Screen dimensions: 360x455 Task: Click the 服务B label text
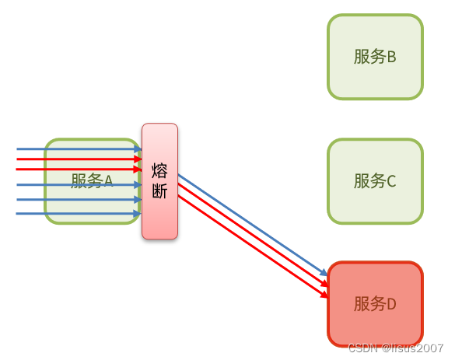point(375,57)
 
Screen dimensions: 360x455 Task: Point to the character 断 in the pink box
point(159,191)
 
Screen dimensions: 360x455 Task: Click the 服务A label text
point(92,181)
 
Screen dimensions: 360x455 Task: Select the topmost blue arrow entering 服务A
point(78,149)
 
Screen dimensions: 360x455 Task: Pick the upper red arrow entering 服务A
point(78,159)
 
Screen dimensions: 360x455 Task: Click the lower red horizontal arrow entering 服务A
point(78,169)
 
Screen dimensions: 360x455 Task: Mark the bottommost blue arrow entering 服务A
point(78,213)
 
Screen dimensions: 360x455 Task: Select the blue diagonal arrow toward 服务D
point(249,225)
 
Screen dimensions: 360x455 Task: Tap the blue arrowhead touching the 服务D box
point(324,274)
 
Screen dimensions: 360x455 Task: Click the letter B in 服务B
point(391,57)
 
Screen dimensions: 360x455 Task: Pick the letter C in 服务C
point(391,181)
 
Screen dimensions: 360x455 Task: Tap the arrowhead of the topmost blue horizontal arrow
point(138,149)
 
